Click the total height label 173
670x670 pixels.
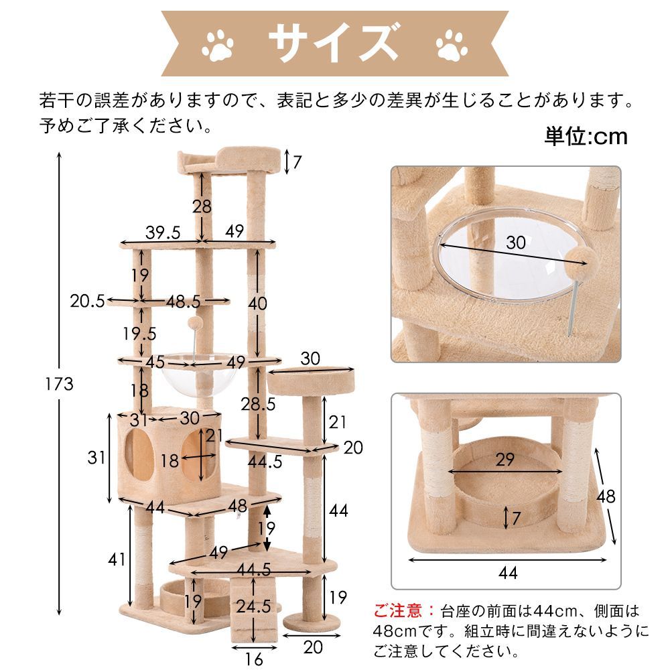coord(60,384)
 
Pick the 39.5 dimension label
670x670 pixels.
coord(163,232)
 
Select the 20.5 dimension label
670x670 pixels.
coord(87,301)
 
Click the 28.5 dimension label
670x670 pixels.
coord(258,405)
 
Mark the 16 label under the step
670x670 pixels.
coord(253,659)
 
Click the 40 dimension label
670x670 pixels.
coord(257,304)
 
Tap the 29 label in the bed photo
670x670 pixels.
coord(506,460)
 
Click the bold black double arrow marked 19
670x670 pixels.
coord(267,528)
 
